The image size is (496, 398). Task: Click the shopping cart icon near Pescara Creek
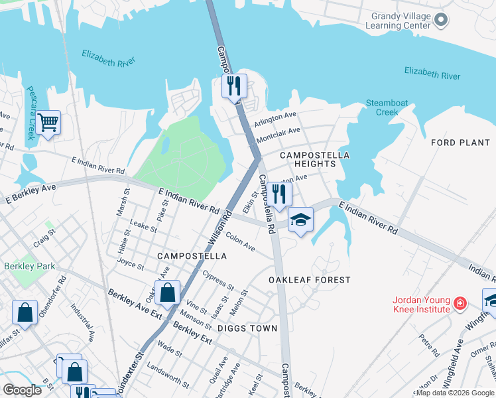coord(48,123)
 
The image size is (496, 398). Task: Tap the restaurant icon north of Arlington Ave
coord(234,86)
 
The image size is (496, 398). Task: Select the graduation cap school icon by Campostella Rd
coord(300,220)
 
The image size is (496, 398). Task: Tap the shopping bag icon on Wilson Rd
coord(168,292)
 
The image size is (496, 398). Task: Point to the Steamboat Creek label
coord(382,107)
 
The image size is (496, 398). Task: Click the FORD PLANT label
coord(460,143)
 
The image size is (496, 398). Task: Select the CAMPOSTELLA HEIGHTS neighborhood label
coord(314,159)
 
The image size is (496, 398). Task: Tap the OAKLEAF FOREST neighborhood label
coord(309,280)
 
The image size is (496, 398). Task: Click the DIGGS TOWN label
coord(247,328)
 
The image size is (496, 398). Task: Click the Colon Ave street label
coord(240,241)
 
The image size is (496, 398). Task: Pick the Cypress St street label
coord(218,280)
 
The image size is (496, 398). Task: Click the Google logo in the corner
coord(22,390)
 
